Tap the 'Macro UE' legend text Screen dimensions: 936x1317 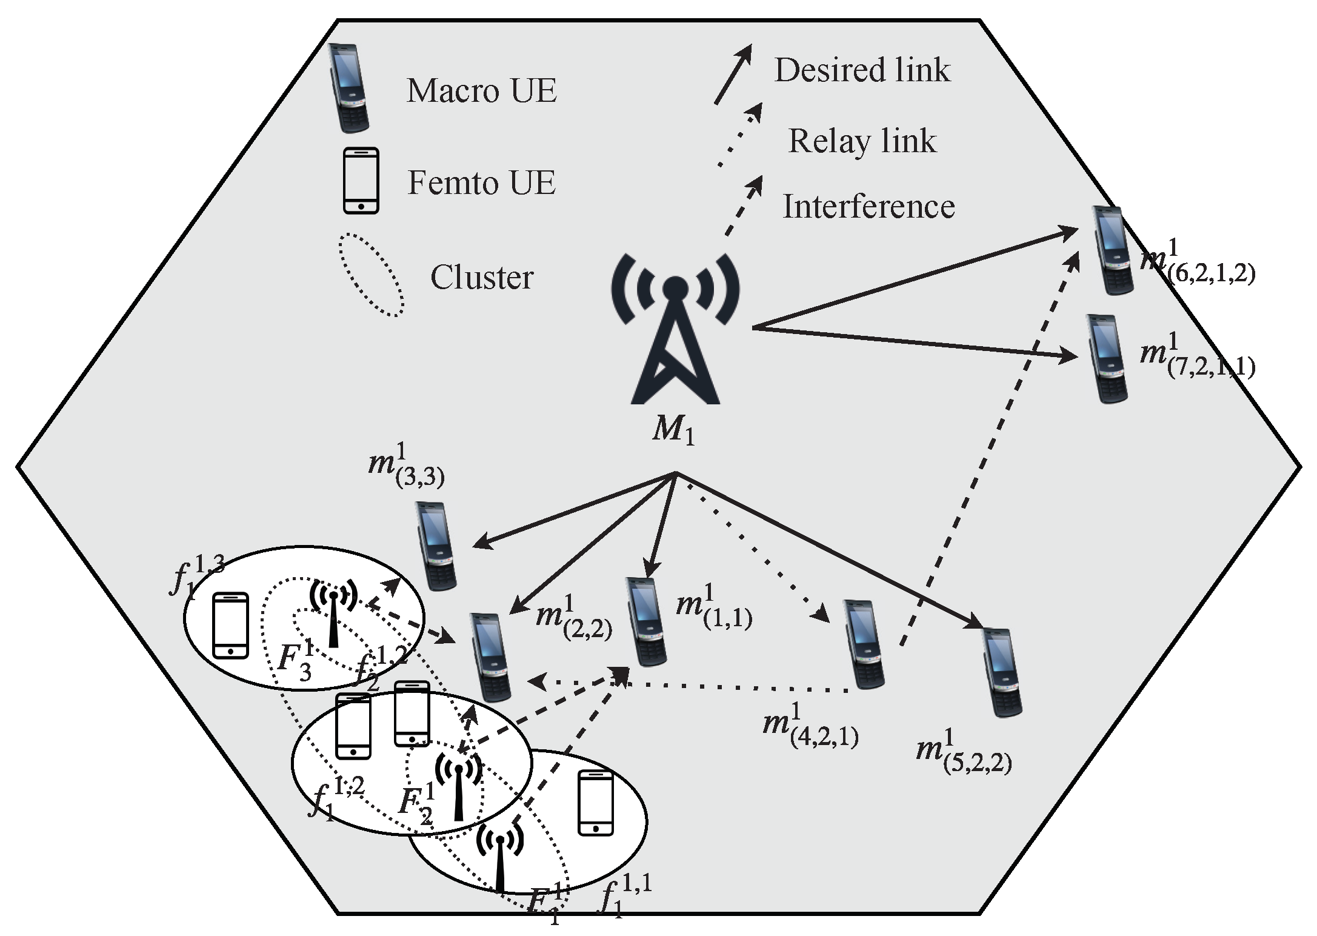(481, 91)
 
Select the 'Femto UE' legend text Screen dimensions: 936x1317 (481, 182)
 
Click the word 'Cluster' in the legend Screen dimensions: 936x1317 (482, 278)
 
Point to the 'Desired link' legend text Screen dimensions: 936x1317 (862, 70)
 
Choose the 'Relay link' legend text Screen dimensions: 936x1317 (862, 141)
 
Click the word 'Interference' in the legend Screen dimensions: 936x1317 (869, 207)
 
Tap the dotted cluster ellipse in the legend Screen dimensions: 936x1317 (372, 275)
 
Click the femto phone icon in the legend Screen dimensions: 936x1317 (361, 181)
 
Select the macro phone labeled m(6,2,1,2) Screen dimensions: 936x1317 (1112, 250)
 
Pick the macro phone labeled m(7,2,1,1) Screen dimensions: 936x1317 (1108, 358)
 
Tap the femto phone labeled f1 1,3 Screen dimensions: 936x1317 (231, 625)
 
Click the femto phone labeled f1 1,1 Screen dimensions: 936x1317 (595, 803)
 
